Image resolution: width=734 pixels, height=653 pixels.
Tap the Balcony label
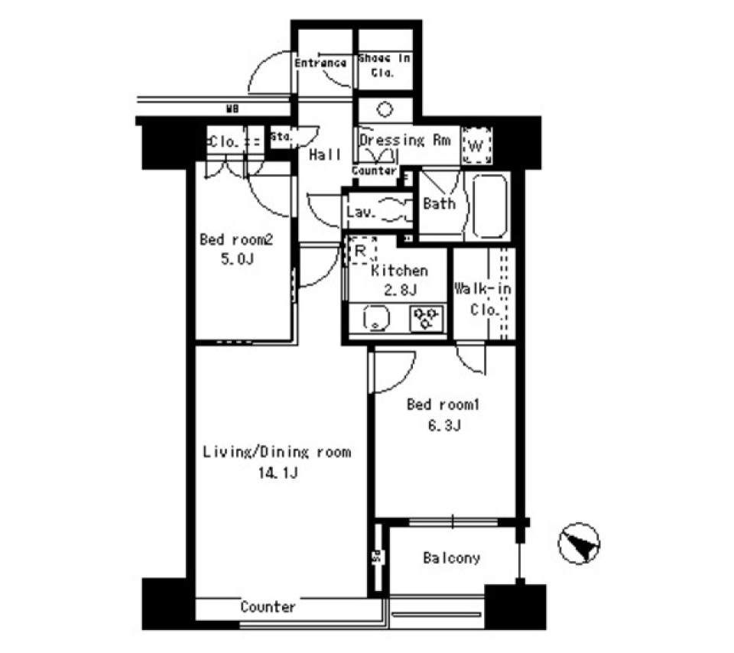[x=451, y=558]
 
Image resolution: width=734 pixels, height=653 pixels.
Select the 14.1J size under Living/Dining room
[x=276, y=473]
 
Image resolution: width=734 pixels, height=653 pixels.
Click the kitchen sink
[x=377, y=317]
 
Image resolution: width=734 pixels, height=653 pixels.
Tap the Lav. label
[x=360, y=212]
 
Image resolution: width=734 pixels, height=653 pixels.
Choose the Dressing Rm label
[x=403, y=141]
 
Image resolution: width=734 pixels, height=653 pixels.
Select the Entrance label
[x=321, y=63]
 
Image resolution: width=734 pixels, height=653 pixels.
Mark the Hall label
[x=325, y=155]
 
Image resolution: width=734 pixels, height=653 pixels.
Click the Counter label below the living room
[x=268, y=607]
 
